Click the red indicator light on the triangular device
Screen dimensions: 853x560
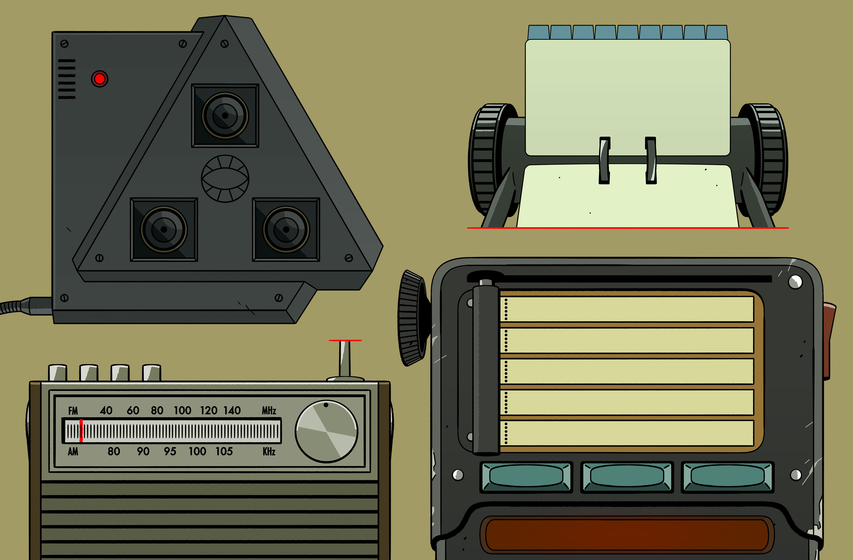point(100,79)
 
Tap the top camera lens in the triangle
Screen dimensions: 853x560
point(225,116)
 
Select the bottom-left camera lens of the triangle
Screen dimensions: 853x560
point(164,229)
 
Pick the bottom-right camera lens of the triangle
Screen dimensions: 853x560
point(286,229)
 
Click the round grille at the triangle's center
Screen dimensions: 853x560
point(225,178)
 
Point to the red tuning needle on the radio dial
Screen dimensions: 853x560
point(81,431)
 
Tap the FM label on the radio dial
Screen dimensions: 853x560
point(73,411)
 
